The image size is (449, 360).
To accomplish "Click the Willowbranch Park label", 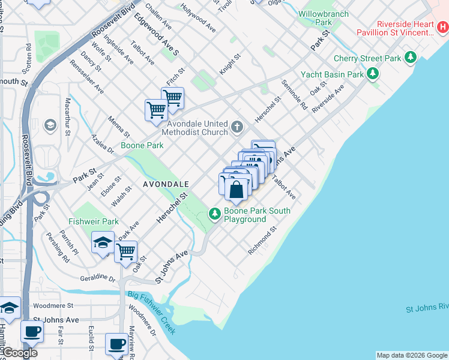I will tap(323, 17).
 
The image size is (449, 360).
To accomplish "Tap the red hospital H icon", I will tap(442, 26).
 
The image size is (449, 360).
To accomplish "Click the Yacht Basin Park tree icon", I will tap(373, 74).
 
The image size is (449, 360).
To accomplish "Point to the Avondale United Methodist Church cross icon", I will tap(237, 127).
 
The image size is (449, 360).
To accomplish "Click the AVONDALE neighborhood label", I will tap(166, 184).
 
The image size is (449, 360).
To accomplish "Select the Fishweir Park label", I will tap(93, 221).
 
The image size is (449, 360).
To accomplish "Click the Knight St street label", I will tap(229, 64).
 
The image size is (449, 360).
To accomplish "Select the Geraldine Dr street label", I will tap(98, 278).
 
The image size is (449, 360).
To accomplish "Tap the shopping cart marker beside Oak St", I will tap(125, 252).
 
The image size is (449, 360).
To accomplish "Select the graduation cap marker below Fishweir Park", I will tap(103, 243).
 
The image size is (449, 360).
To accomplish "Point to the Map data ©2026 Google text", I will tap(411, 355).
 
